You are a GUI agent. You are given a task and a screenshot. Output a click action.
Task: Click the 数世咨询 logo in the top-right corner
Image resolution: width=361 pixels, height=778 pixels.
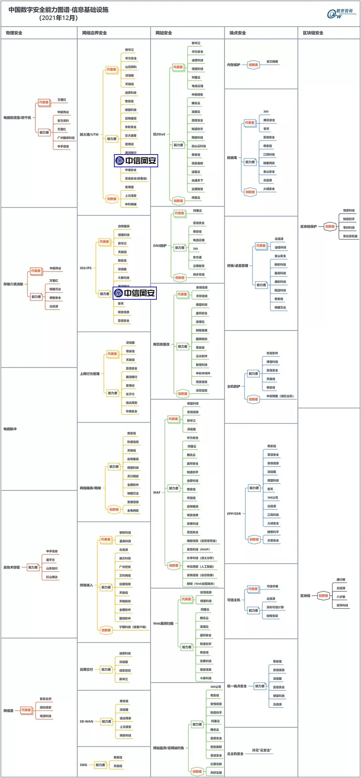click(x=341, y=13)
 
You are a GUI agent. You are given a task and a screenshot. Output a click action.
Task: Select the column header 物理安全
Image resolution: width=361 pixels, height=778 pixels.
click(x=14, y=33)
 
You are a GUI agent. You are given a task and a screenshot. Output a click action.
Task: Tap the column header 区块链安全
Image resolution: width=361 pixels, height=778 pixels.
click(x=313, y=33)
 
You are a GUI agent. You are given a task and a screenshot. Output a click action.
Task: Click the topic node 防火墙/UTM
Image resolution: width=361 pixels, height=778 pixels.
click(x=89, y=134)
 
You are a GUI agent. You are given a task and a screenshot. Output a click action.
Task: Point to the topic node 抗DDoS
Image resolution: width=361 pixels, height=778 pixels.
click(x=159, y=134)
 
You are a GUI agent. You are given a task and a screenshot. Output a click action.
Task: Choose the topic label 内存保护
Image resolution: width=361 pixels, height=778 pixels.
click(x=233, y=65)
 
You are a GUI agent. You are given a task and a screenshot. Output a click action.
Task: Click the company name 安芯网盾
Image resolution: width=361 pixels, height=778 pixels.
click(x=272, y=62)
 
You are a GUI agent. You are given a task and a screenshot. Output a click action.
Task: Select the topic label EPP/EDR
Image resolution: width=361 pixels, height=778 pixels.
click(x=234, y=513)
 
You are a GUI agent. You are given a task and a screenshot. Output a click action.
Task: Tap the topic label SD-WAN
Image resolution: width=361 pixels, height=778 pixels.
click(x=86, y=721)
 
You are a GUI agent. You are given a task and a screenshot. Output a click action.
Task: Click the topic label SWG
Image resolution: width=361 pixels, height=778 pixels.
click(x=83, y=765)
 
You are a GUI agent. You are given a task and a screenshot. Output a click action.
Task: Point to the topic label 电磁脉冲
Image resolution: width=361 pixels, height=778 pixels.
click(x=10, y=429)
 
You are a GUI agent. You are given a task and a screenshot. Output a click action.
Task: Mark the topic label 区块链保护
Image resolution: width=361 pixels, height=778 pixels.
click(x=308, y=226)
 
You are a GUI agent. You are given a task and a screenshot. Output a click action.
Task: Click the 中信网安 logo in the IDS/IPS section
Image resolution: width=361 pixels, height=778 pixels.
click(x=135, y=293)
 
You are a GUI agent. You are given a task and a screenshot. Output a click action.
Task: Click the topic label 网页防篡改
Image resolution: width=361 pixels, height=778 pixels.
click(x=161, y=344)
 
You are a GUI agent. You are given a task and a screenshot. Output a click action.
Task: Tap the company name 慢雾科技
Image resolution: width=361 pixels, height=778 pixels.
click(x=349, y=210)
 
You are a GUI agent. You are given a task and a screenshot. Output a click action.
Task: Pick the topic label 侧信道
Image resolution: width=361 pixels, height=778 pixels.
click(x=8, y=710)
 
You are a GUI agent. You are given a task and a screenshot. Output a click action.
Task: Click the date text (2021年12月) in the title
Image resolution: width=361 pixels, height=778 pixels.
click(x=58, y=18)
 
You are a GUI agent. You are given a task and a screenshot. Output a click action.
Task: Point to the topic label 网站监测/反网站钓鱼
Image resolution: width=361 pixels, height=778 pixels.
click(x=168, y=748)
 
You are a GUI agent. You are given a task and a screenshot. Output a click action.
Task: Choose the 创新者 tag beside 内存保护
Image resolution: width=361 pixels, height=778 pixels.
click(x=253, y=65)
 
